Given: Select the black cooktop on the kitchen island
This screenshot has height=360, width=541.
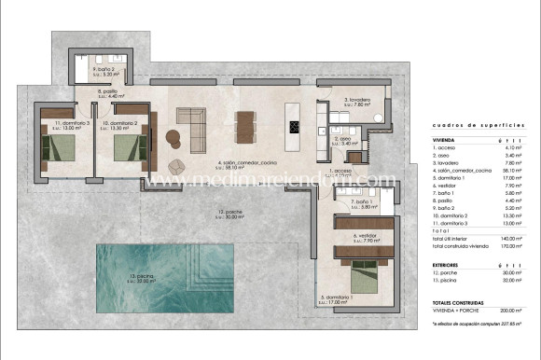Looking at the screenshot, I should coord(295,128).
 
